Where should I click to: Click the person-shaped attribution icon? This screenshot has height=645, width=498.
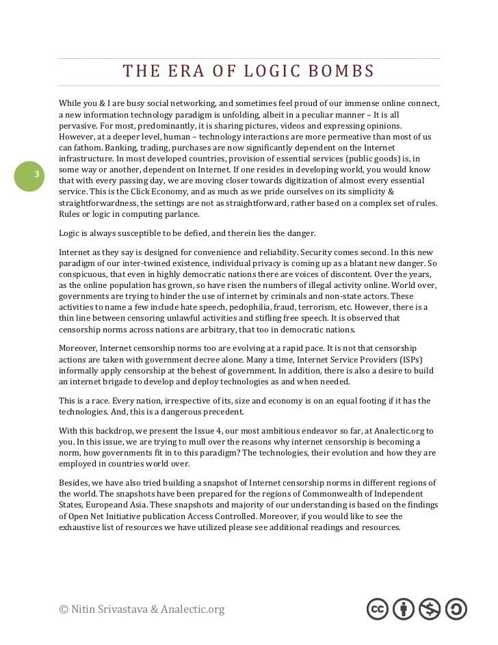[x=404, y=609]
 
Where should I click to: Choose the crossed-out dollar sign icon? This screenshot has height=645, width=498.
[x=430, y=609]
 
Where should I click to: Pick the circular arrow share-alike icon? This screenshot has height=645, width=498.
[x=456, y=609]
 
